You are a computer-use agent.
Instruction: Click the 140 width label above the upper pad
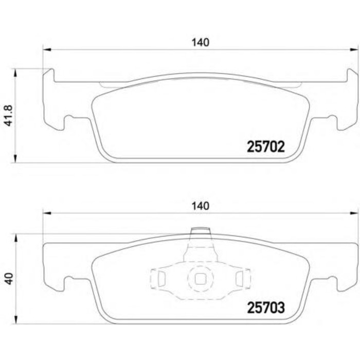coord(200,43)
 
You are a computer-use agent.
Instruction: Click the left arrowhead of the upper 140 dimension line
coord(47,50)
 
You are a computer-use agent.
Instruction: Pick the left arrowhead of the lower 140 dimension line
coord(47,212)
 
